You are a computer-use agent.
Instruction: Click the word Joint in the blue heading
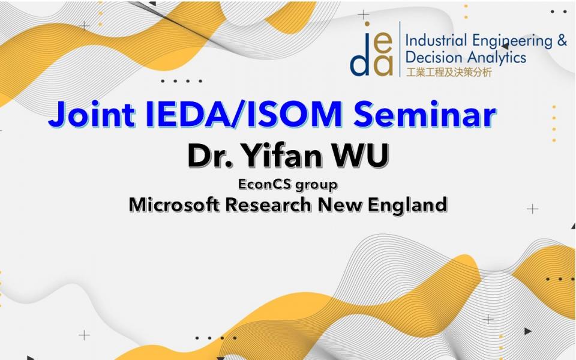pos(91,113)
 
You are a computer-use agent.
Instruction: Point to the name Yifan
pos(283,155)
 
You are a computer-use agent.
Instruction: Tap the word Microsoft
pos(175,204)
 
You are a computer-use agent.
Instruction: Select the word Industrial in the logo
pos(436,40)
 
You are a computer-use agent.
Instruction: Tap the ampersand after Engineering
pos(562,40)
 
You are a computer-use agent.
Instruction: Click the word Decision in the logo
pos(428,58)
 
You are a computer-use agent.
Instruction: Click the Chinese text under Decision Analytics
pos(449,73)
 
